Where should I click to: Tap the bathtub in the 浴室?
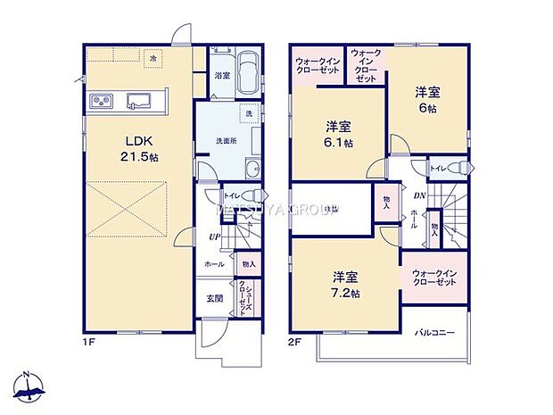click(248, 72)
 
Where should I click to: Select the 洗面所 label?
click(227, 140)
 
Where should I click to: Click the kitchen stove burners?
click(101, 100)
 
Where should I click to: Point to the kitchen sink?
click(139, 100)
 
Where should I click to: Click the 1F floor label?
click(90, 339)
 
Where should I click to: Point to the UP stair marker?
click(214, 237)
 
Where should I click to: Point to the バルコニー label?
click(434, 332)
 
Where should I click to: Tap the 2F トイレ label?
click(438, 167)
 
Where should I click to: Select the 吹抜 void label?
click(331, 209)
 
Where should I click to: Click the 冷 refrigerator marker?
click(153, 58)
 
